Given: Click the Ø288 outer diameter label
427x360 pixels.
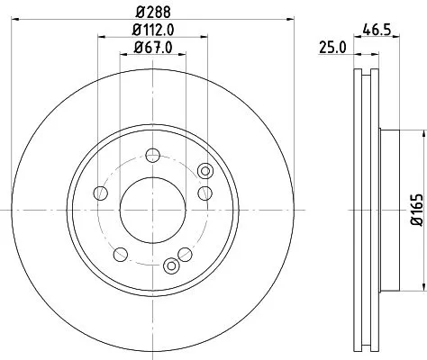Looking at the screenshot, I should point(153,12).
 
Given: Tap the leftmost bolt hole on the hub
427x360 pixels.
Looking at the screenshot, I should point(101,193).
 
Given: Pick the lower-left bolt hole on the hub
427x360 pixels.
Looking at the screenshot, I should point(120,252).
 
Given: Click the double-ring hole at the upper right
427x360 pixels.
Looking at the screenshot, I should point(204,171).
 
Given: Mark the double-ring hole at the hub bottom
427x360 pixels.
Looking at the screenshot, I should point(171,265).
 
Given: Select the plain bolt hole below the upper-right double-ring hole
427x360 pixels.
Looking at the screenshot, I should point(204,193).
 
